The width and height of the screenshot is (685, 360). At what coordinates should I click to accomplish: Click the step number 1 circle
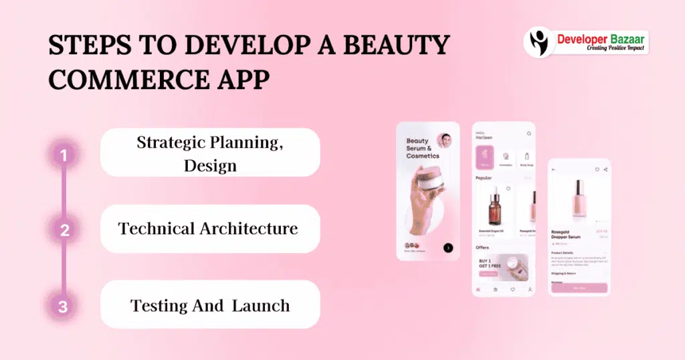pyautogui.click(x=64, y=156)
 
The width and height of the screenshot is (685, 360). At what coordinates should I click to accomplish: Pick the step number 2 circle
pyautogui.click(x=64, y=231)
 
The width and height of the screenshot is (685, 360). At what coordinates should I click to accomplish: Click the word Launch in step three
pyautogui.click(x=261, y=306)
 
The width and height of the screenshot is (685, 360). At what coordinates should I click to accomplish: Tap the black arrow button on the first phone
pyautogui.click(x=448, y=248)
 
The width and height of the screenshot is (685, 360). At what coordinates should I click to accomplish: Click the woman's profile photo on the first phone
pyautogui.click(x=444, y=141)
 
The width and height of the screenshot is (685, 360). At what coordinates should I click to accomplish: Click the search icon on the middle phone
pyautogui.click(x=529, y=133)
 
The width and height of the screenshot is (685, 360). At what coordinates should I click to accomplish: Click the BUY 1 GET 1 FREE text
pyautogui.click(x=489, y=263)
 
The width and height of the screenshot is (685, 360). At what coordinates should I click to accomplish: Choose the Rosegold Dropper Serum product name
pyautogui.click(x=566, y=234)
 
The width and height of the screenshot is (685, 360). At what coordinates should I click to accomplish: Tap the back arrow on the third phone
pyautogui.click(x=554, y=169)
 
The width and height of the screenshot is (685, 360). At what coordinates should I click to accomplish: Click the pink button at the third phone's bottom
pyautogui.click(x=579, y=287)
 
